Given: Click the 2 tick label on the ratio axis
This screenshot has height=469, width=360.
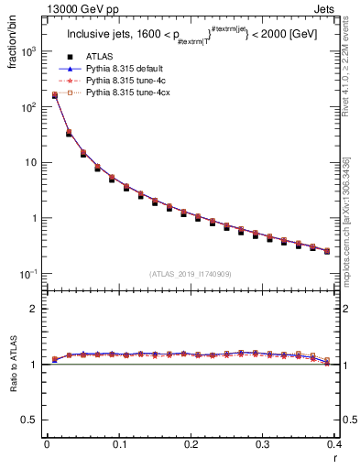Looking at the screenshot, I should point(37,309).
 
